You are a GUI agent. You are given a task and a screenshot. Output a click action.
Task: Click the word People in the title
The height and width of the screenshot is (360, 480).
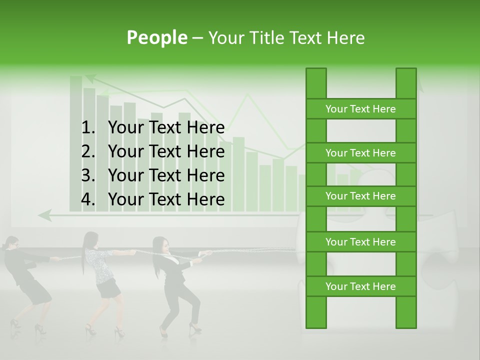coord(156,37)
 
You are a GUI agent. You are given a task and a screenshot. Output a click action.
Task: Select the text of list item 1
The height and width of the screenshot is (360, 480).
coord(166,127)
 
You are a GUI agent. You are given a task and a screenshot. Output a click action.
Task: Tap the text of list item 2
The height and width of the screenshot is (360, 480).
coord(166,151)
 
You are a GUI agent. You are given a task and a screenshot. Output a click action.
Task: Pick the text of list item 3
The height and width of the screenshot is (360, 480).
coord(166,175)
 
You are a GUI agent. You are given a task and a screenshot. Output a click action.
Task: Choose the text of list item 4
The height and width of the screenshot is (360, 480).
coord(166,199)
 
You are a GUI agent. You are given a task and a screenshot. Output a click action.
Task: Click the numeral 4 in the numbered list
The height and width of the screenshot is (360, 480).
coord(87,199)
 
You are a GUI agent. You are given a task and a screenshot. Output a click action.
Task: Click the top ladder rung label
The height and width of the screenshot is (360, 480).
coord(360,109)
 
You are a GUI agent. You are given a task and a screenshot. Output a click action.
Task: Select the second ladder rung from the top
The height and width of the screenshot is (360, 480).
coord(360,153)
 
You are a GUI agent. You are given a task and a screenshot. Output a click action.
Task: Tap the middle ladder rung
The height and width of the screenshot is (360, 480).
coord(360,196)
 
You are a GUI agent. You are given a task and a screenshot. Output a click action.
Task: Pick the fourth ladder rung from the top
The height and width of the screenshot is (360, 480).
coord(360,242)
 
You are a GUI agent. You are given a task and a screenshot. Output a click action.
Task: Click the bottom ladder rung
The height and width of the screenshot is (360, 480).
coord(360,286)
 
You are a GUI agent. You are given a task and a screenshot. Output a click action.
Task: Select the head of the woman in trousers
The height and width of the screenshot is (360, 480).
coord(160,245)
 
